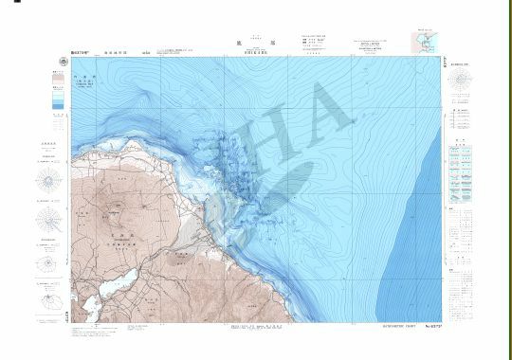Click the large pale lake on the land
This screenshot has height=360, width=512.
tap(114, 282)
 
